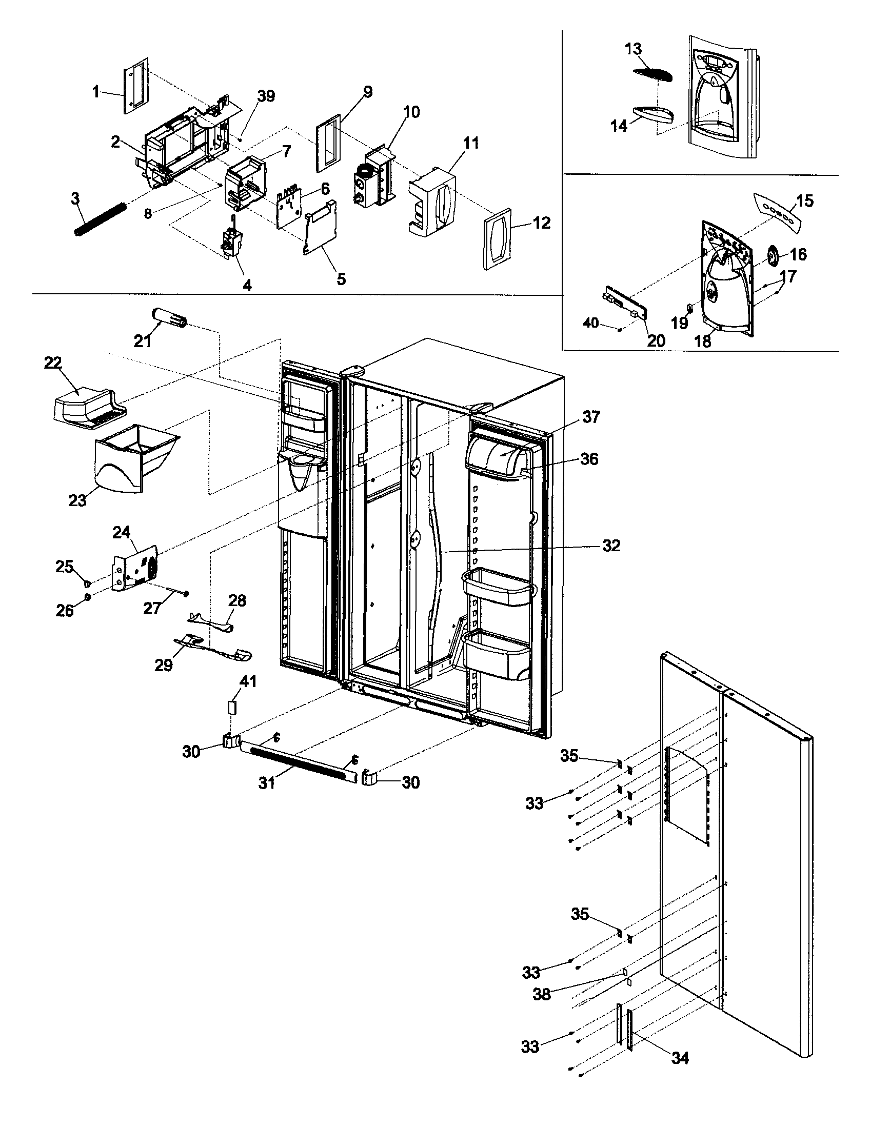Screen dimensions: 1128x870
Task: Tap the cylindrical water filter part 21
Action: pos(168,316)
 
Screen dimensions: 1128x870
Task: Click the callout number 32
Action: pos(610,546)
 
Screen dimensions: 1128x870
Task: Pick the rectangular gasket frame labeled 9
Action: pos(328,143)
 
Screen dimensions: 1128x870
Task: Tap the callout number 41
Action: pos(248,682)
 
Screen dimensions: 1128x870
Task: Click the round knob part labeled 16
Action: pos(773,255)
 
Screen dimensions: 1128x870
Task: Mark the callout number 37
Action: pos(591,417)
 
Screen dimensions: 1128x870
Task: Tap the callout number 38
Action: pos(541,994)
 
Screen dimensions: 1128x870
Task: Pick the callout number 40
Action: pos(591,324)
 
